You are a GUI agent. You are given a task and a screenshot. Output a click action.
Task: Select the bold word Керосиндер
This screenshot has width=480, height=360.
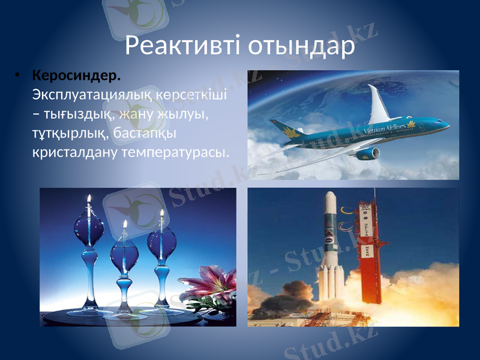click(x=76, y=77)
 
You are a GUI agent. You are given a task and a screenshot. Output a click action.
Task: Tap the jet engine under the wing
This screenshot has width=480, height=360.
click(x=368, y=154)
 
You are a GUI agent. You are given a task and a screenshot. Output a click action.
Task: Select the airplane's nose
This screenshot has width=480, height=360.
click(x=445, y=125)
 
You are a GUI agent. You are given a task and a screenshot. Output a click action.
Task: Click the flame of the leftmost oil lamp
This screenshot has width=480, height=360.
click(x=89, y=199)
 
